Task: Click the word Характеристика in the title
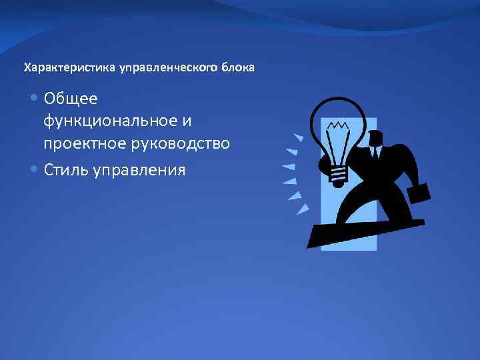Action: coord(70,68)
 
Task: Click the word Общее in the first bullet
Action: coord(71,99)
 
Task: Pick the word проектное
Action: coord(83,143)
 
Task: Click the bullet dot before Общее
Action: coord(35,99)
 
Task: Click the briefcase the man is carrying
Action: coord(418,193)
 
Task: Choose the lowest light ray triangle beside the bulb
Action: coord(303,209)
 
